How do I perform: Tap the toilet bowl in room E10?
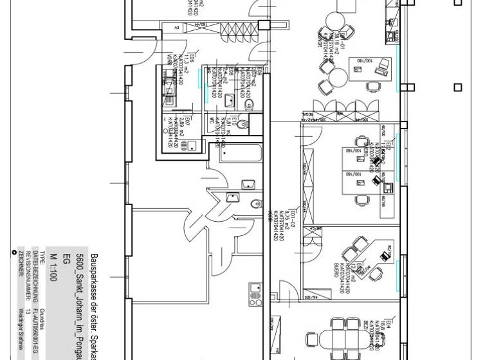click(241, 125)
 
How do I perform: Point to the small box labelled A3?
click(176, 26)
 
